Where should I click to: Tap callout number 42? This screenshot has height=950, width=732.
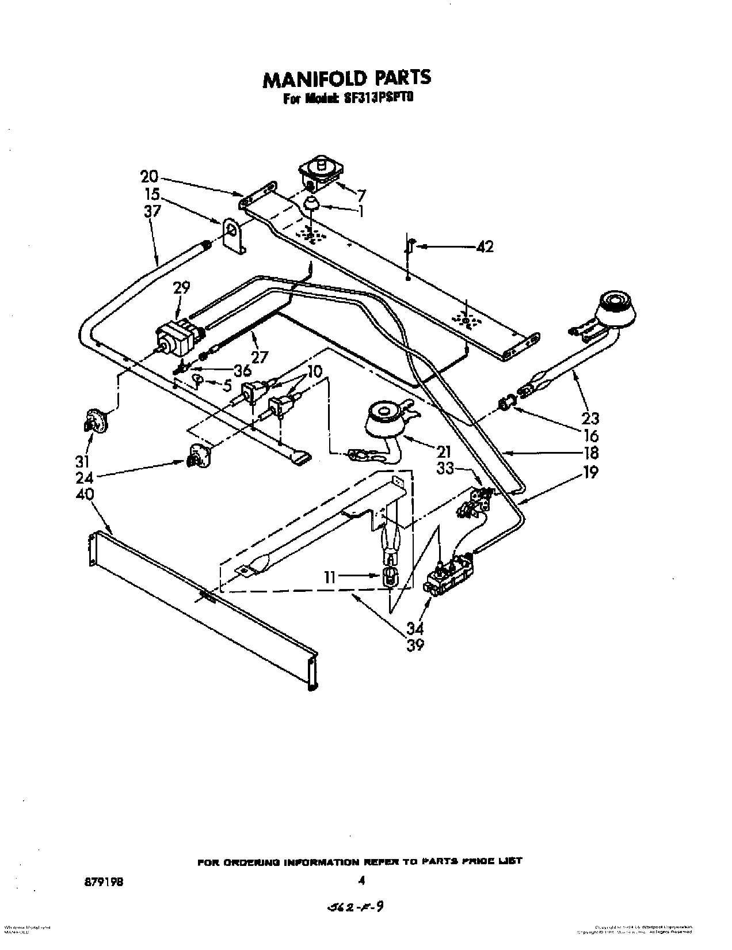tap(485, 246)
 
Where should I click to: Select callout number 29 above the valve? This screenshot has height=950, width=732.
tap(181, 287)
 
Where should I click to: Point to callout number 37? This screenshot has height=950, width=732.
tap(152, 211)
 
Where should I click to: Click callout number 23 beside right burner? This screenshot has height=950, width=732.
tap(590, 418)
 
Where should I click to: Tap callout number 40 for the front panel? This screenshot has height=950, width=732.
tap(85, 494)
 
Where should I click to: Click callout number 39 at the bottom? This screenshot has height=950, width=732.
tap(415, 645)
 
